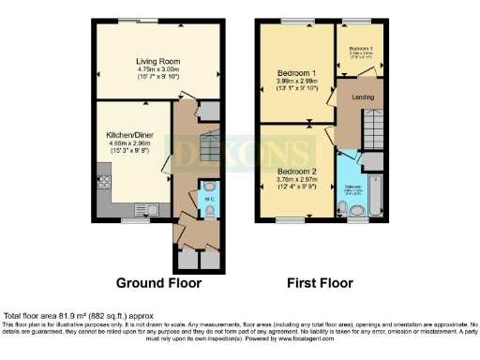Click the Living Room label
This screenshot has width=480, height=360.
coord(157,62)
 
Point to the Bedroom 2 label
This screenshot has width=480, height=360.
coord(296,171)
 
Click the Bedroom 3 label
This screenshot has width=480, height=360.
coord(362,48)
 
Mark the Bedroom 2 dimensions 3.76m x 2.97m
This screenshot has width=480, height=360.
coord(296,180)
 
